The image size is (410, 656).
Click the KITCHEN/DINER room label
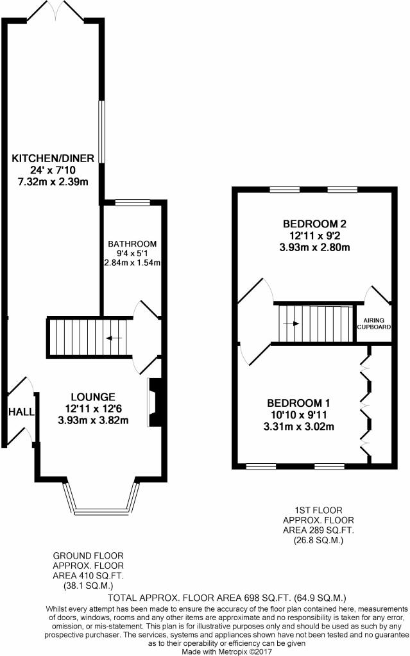pyautogui.click(x=53, y=158)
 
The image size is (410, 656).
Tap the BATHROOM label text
pyautogui.click(x=132, y=243)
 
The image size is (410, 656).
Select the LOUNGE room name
pyautogui.click(x=93, y=397)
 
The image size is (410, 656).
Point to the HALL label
pyautogui.click(x=21, y=412)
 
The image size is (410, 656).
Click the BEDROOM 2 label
pyautogui.click(x=314, y=224)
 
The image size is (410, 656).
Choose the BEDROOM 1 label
pyautogui.click(x=298, y=403)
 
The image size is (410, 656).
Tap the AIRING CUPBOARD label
pyautogui.click(x=374, y=324)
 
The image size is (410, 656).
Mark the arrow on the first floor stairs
pyautogui.click(x=291, y=324)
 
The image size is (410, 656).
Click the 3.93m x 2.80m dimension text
pyautogui.click(x=314, y=247)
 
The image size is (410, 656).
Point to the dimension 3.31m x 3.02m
pyautogui.click(x=298, y=427)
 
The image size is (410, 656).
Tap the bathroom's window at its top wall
pyautogui.click(x=132, y=203)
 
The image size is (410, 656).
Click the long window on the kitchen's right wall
pyautogui.click(x=102, y=131)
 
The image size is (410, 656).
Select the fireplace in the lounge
pyautogui.click(x=155, y=402)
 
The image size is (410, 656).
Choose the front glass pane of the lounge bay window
pyautogui.click(x=101, y=511)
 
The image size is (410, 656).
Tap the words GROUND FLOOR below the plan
pyautogui.click(x=88, y=555)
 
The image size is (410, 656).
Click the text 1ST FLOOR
pyautogui.click(x=319, y=511)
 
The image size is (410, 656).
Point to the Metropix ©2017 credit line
pyautogui.click(x=226, y=652)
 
